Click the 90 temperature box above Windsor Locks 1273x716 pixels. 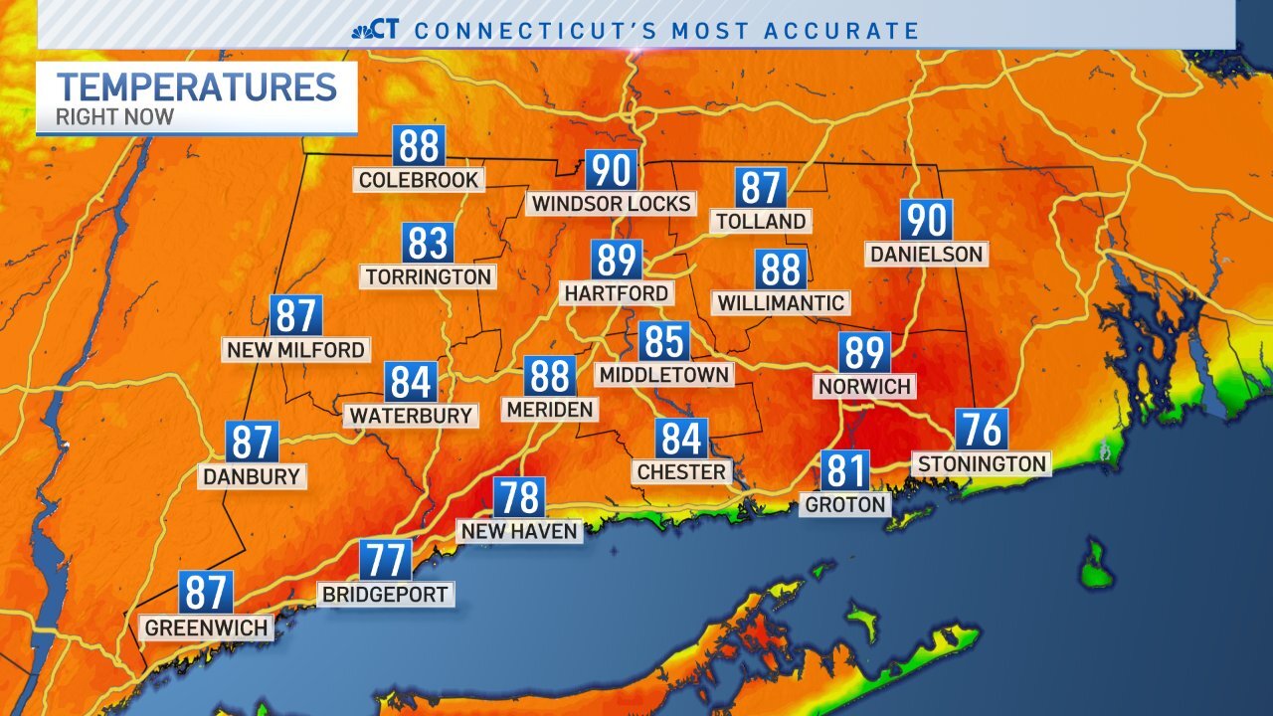tap(611, 170)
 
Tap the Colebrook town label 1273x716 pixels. tap(419, 180)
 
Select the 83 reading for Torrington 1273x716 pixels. tap(429, 244)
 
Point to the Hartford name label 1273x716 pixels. tap(617, 293)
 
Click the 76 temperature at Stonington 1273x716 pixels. tap(983, 430)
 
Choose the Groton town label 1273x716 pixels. tap(845, 504)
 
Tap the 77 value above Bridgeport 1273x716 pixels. tap(386, 561)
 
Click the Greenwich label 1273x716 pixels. tap(207, 628)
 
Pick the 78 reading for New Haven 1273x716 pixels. tap(520, 498)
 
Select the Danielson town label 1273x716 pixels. tap(926, 255)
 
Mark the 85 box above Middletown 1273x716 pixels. tap(664, 341)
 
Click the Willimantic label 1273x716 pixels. tap(781, 302)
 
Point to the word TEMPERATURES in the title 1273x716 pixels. tap(197, 88)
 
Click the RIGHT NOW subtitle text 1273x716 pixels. tap(114, 117)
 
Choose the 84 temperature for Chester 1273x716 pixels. tap(681, 439)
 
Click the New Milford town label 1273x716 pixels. tap(295, 350)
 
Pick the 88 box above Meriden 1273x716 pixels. tap(550, 377)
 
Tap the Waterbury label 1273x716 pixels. tap(411, 415)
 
